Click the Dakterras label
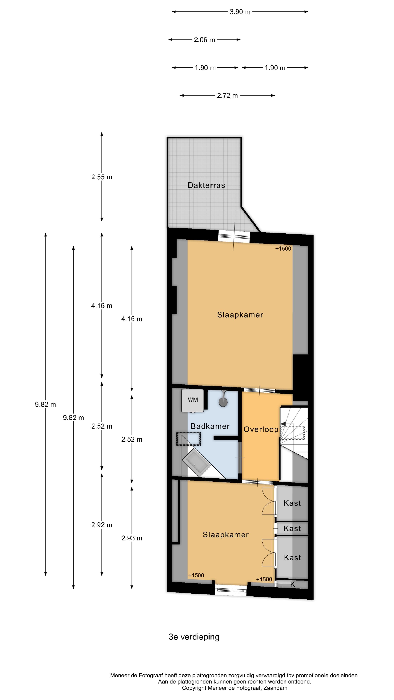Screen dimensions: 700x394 tap(206, 185)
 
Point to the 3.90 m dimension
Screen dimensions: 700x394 tap(240, 12)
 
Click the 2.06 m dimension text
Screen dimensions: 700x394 tap(204, 40)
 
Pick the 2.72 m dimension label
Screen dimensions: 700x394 tap(227, 96)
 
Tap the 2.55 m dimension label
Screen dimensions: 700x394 tap(102, 177)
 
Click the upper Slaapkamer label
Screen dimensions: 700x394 tap(240, 315)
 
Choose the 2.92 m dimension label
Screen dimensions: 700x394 tap(102, 525)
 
